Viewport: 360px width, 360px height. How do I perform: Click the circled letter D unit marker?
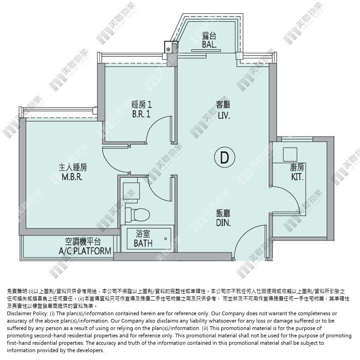pyautogui.click(x=224, y=157)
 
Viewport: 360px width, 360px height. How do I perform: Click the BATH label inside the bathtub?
pyautogui.click(x=143, y=243)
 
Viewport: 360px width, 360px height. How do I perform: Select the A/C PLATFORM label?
pyautogui.click(x=85, y=251)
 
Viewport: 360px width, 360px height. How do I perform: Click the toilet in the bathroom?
pyautogui.click(x=137, y=215)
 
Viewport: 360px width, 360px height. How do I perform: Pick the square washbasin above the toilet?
pyautogui.click(x=131, y=190)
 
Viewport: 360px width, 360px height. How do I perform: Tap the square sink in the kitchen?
pyautogui.click(x=290, y=155)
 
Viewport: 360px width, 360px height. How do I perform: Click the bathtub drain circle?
pyautogui.click(x=165, y=239)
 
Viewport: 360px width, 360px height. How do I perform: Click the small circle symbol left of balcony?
pyautogui.click(x=168, y=49)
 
